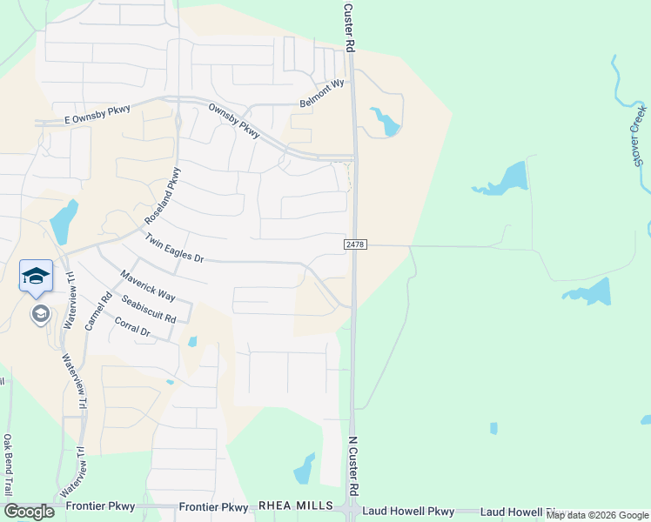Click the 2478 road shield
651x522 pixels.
coord(355,245)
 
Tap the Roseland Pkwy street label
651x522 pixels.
coord(166,196)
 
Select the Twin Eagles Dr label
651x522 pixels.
coord(173,248)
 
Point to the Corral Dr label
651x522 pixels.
coord(132,327)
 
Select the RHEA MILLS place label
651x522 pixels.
coord(296,505)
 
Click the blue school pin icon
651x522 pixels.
coord(36,276)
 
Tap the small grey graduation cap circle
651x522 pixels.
coord(40,313)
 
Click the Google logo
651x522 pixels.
coord(29,511)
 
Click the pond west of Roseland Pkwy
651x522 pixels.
coord(64,221)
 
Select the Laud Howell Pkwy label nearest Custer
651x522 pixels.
coord(408,512)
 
